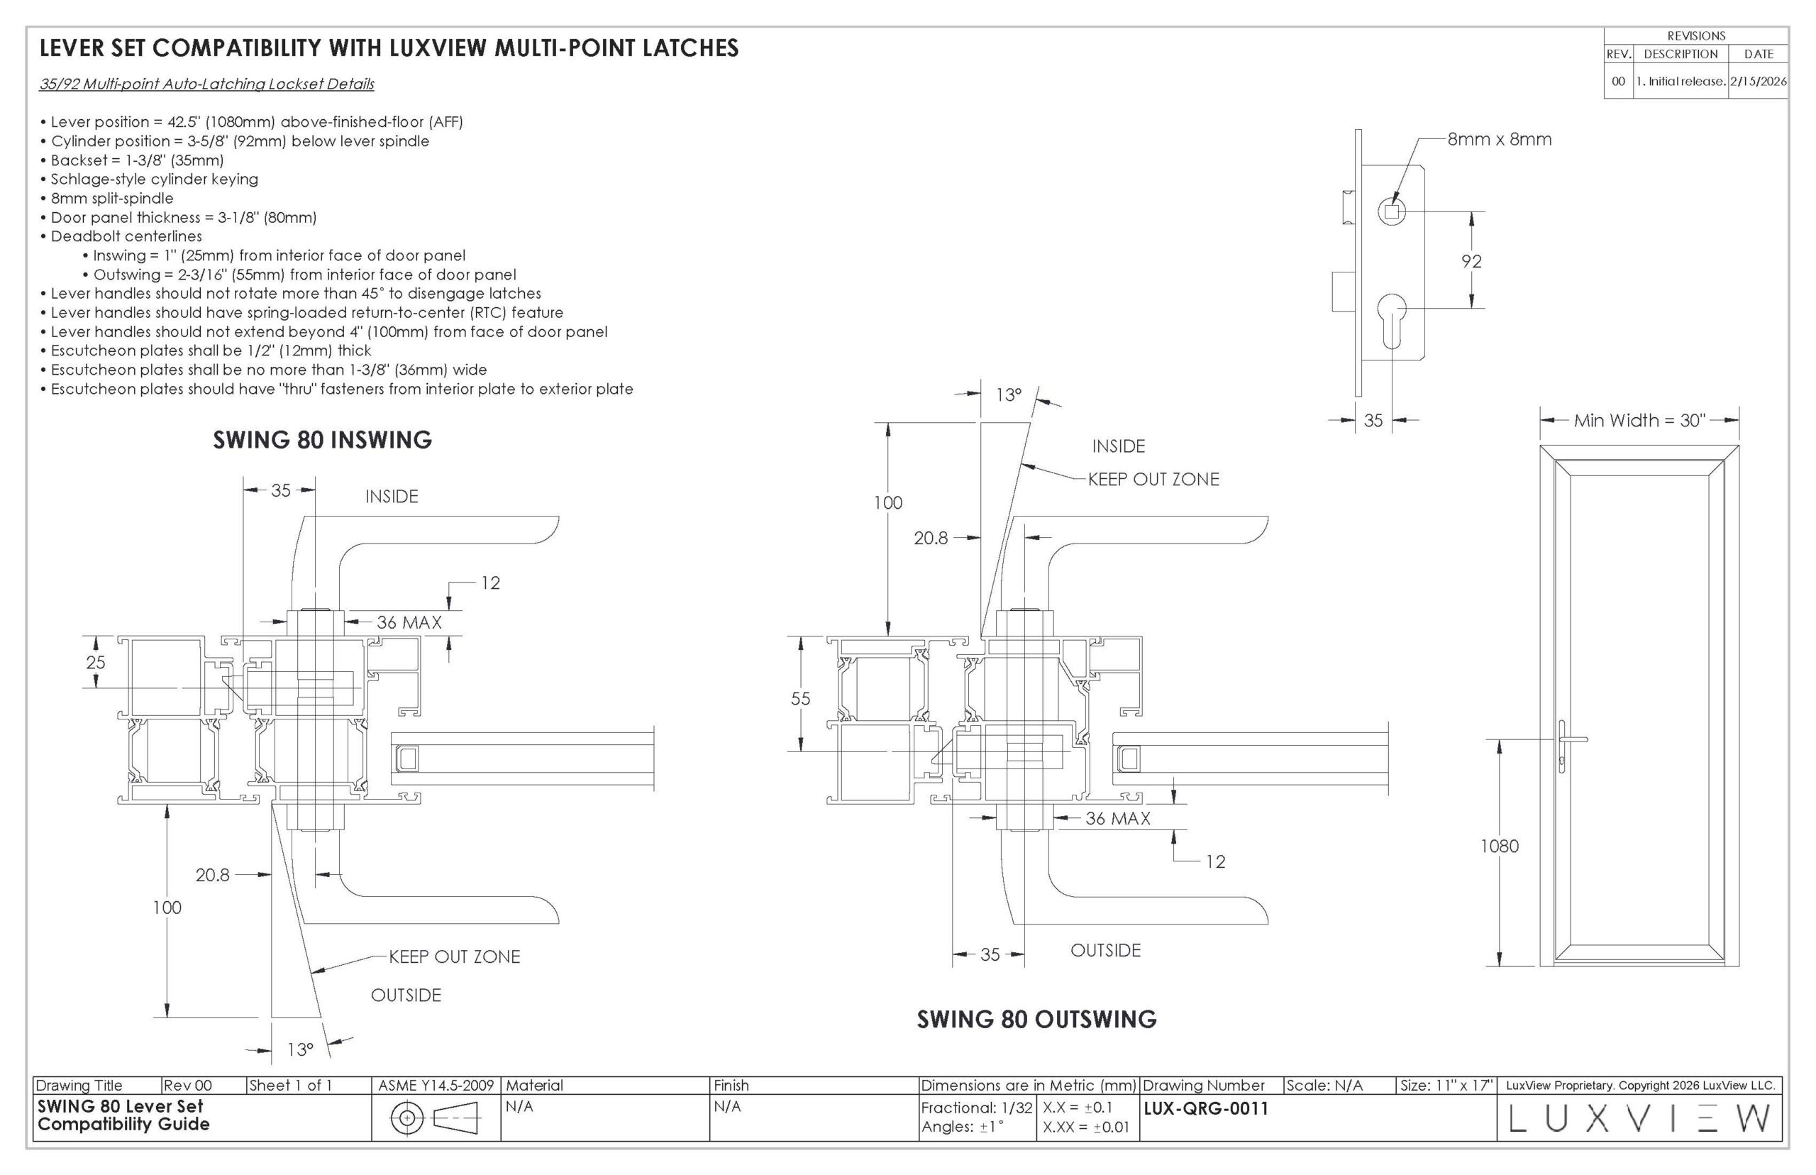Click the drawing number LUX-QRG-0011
pos(1205,1108)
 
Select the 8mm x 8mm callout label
pos(1499,140)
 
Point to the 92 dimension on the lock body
pos(1471,261)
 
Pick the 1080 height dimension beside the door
pos(1499,845)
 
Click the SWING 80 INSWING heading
pos(322,439)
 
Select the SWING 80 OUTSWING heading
pos(1036,1019)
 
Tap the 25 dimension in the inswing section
pos(95,661)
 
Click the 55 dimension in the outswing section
pos(800,698)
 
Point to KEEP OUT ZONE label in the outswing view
pos(1153,479)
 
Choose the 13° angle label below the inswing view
pos(301,1049)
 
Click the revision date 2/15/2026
pos(1758,82)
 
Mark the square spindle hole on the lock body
pos(1391,211)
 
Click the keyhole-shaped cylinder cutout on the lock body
pos(1392,315)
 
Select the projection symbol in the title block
pos(434,1118)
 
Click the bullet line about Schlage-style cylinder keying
pos(155,179)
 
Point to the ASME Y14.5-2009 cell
pos(436,1085)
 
